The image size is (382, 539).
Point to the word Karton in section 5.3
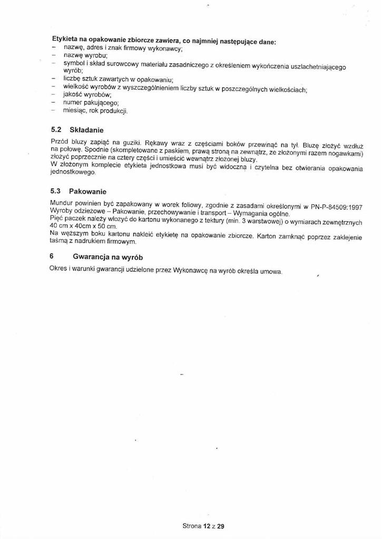[x=267, y=235]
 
